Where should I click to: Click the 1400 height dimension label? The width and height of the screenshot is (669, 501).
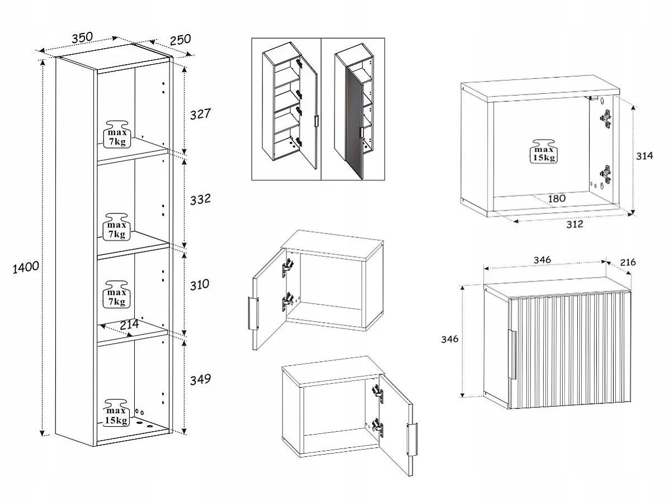[26, 268]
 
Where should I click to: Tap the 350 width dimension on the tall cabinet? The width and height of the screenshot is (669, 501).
[82, 37]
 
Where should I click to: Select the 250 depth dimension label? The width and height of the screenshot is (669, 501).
[180, 40]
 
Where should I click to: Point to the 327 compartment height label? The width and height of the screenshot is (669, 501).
[200, 114]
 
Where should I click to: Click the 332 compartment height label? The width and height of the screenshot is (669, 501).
[200, 199]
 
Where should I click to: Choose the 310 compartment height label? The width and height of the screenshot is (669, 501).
[199, 285]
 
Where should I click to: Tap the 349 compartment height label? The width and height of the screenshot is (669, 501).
[200, 379]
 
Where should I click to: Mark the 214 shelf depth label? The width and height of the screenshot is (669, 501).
[129, 325]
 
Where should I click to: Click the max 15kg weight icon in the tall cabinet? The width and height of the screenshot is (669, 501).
[116, 412]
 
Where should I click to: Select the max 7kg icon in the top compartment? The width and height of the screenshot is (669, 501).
[117, 134]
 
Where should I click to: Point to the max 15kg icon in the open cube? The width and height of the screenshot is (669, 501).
[544, 151]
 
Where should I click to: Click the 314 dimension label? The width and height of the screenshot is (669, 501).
[644, 156]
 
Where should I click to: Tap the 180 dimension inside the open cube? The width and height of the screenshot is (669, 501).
[557, 198]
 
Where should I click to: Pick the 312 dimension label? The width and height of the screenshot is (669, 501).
[574, 224]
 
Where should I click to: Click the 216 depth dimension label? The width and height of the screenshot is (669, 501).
[628, 263]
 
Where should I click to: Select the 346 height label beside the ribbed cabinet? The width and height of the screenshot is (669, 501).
[450, 339]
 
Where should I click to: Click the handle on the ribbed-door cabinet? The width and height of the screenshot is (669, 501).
[512, 354]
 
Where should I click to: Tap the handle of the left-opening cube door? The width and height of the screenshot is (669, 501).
[253, 313]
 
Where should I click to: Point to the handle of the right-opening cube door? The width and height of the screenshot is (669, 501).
[412, 440]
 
